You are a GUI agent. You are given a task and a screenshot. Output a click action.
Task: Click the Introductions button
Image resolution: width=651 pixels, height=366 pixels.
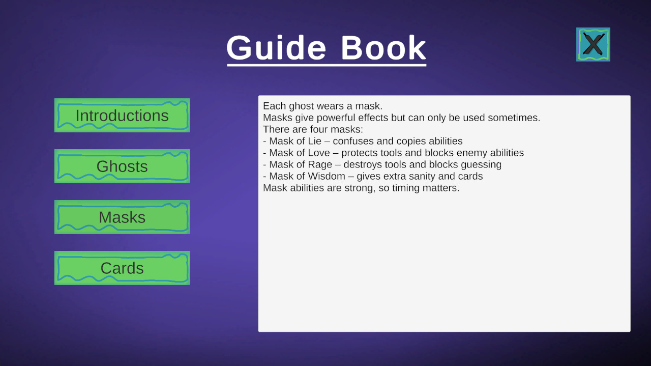122,115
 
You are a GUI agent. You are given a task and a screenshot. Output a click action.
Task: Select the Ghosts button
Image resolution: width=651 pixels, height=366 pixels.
122,166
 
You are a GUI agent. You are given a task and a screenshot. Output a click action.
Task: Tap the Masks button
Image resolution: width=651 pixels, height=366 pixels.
122,217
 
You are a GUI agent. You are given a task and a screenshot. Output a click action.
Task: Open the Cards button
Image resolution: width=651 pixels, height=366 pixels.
122,268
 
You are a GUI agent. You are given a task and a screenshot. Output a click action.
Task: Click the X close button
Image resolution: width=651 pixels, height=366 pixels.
593,44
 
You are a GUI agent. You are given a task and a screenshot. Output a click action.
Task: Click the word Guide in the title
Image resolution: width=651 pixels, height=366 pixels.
276,48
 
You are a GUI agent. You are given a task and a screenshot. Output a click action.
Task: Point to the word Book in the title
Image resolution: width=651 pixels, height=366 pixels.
383,48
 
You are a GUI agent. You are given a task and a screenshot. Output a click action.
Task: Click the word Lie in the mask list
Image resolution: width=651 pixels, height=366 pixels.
314,141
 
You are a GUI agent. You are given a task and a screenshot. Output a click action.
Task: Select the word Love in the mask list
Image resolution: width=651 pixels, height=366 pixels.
319,153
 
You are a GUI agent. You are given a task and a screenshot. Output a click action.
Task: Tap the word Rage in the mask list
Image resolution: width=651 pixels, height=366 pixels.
320,164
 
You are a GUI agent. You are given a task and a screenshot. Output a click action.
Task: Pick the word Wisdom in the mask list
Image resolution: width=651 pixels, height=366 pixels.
327,176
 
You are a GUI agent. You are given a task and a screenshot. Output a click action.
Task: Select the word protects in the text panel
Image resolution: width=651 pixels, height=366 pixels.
360,153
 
